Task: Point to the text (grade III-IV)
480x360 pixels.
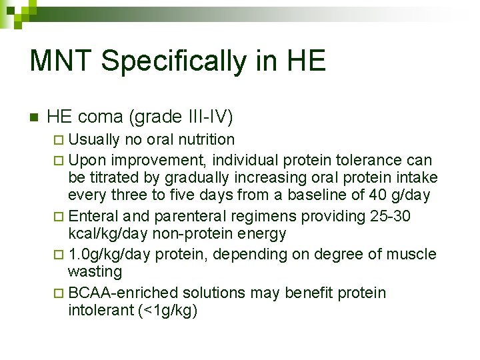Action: tap(183, 117)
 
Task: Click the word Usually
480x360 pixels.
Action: tap(94, 139)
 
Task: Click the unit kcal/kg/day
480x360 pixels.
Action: tap(109, 233)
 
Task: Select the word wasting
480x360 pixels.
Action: tap(95, 271)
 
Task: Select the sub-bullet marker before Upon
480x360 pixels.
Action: tap(59, 161)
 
